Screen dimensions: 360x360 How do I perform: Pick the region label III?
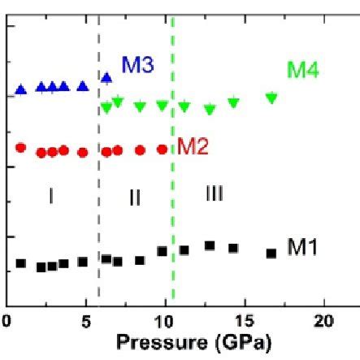tap(214, 193)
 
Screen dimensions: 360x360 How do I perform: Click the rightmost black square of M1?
tap(271, 253)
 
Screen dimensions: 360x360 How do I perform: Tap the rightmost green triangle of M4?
tap(271, 98)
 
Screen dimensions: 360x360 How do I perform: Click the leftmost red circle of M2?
tap(22, 147)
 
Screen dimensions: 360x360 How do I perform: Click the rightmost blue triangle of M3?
tap(106, 78)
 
